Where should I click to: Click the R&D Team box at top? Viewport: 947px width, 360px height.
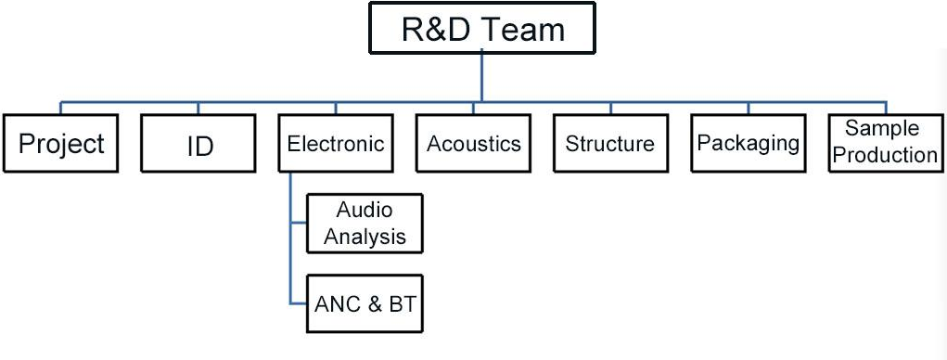[482, 29]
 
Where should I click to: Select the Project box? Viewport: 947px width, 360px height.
[61, 144]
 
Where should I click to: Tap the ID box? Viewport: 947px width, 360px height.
[199, 144]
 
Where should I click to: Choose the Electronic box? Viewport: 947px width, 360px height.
[336, 144]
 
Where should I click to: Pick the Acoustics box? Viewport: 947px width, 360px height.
[473, 144]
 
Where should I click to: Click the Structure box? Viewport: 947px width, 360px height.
[609, 144]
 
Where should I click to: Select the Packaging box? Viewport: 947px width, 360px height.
[748, 144]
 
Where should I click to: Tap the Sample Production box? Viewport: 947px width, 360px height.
[885, 142]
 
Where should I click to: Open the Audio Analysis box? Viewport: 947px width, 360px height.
[365, 224]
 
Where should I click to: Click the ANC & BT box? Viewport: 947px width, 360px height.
[365, 303]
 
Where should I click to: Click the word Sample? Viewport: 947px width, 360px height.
[882, 129]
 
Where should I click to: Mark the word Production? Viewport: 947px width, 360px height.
[885, 155]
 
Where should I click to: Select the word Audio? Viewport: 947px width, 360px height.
[365, 211]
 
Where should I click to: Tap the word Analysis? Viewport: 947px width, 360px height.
[365, 237]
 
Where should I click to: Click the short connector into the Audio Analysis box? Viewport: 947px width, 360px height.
[298, 224]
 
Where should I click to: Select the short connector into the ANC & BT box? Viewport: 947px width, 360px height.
[298, 303]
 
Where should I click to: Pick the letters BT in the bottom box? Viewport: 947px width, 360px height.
[397, 303]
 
